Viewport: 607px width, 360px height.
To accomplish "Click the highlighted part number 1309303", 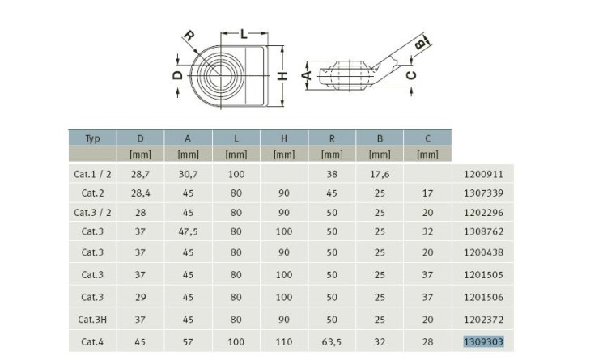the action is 483,342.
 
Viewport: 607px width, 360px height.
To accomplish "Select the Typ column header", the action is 92,138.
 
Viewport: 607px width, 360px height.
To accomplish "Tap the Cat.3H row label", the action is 92,320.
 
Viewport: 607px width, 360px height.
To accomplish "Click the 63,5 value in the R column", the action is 331,342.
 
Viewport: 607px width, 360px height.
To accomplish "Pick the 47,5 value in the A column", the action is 188,231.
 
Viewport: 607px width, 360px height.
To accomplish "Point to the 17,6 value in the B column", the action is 380,174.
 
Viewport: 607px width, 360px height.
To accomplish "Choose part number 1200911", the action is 483,174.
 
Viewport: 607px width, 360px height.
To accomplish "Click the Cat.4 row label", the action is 92,342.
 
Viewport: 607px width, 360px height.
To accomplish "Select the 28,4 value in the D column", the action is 141,193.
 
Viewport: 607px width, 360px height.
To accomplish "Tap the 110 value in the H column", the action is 284,342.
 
